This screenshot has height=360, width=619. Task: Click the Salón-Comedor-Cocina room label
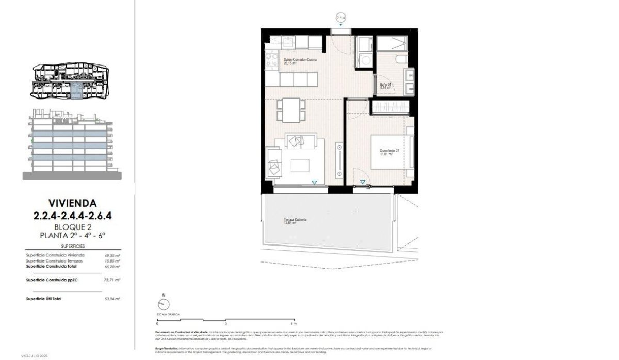click(x=300, y=61)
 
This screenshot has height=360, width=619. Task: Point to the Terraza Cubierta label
click(x=295, y=221)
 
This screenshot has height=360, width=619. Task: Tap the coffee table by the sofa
click(x=301, y=165)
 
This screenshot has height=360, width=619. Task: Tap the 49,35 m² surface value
click(x=112, y=255)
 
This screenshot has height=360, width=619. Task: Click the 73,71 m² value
click(x=112, y=280)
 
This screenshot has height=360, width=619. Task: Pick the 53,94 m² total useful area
click(x=112, y=299)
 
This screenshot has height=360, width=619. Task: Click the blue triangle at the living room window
click(x=314, y=182)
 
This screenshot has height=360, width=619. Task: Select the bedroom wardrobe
click(x=391, y=107)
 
